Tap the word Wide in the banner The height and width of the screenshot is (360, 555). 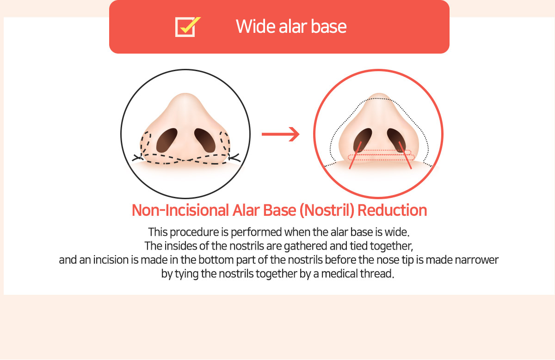(x=255, y=26)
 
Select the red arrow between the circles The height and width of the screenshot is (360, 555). (x=281, y=134)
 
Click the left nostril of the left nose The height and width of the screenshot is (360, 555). (x=167, y=140)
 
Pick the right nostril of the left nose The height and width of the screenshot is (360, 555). (x=205, y=140)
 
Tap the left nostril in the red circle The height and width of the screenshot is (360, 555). (x=363, y=140)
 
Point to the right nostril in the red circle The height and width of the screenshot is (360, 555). (x=396, y=140)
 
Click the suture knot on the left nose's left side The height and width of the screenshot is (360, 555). (x=138, y=158)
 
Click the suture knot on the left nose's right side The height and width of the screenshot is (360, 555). (x=234, y=158)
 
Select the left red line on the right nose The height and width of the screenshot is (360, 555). (x=355, y=155)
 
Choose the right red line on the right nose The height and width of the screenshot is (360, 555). (x=405, y=155)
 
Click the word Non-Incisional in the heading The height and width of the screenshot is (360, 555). (x=180, y=210)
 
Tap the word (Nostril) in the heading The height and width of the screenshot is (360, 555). (x=327, y=211)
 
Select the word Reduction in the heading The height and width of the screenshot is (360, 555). (x=392, y=210)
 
